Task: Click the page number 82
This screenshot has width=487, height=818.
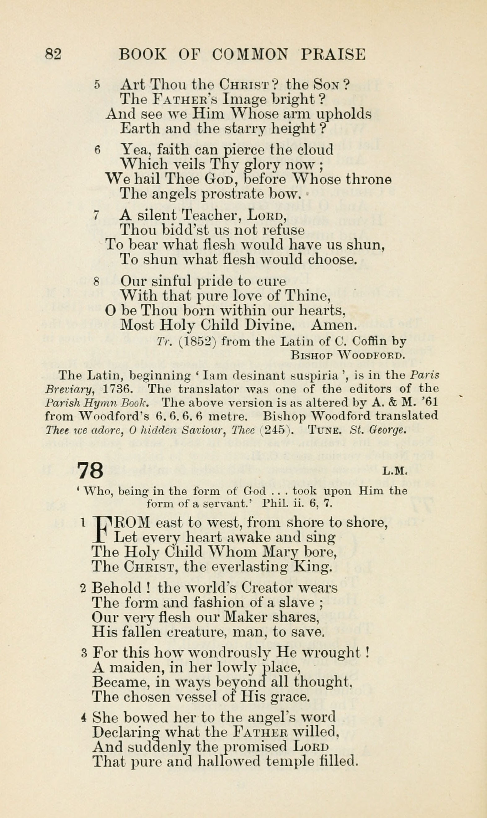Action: tap(53, 54)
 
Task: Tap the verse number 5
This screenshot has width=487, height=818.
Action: tap(96, 85)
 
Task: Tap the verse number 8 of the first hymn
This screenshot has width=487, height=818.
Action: tap(96, 282)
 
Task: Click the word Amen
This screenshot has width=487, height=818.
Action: tap(334, 325)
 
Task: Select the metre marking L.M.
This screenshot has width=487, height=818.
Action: tap(395, 472)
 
